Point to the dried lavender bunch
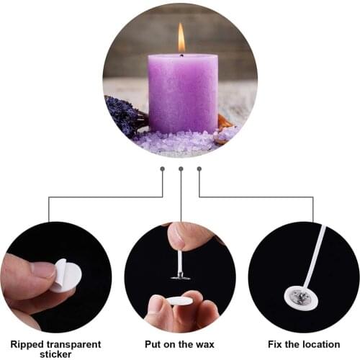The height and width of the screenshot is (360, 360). [x=124, y=115]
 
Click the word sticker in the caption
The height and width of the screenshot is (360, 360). [x=55, y=354]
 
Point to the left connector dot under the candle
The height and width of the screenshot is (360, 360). [x=163, y=168]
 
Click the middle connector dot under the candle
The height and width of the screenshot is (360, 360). [x=181, y=168]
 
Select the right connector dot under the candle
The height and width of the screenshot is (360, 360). [x=199, y=168]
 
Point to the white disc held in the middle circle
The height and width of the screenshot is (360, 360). [x=179, y=300]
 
